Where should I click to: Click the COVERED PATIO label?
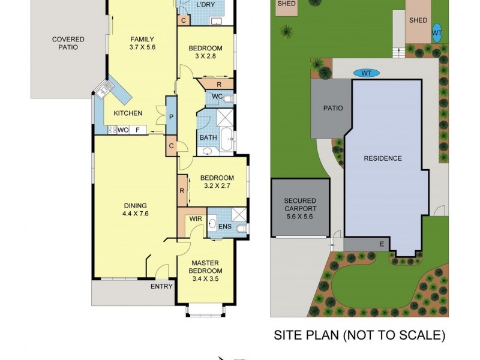click(x=68, y=44)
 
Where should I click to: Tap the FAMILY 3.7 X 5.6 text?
click(x=143, y=44)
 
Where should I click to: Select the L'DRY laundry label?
click(x=206, y=6)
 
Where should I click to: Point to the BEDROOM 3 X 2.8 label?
click(x=205, y=53)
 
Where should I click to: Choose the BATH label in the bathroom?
click(x=208, y=137)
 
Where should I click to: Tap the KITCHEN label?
click(x=128, y=113)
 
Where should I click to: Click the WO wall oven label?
click(x=122, y=130)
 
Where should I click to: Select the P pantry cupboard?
click(x=170, y=116)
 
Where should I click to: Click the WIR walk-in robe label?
click(x=196, y=219)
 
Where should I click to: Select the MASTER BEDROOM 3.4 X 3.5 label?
click(x=206, y=267)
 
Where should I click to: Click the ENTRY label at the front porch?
click(x=161, y=287)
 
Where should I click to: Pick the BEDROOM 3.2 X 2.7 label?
click(x=217, y=182)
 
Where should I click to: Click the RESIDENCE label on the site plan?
click(x=382, y=158)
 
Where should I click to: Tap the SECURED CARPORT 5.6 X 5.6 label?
click(x=299, y=209)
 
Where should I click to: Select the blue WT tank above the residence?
click(x=366, y=73)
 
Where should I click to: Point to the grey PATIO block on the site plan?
click(x=333, y=109)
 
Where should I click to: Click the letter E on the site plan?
click(x=381, y=244)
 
